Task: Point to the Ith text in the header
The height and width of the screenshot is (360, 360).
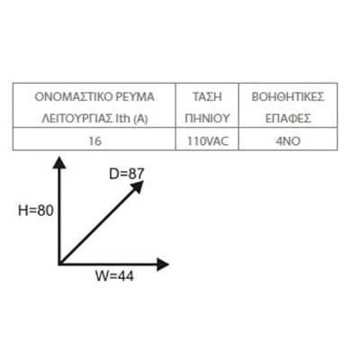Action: coord(122,119)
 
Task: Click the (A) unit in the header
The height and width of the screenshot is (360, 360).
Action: coord(140,119)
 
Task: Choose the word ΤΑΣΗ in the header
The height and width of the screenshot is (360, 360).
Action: coord(207,97)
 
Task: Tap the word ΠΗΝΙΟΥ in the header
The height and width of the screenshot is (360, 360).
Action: coord(207,119)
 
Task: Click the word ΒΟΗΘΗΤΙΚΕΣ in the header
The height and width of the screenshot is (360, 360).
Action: coord(288,97)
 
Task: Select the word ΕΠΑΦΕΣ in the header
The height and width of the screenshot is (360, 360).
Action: coord(288,119)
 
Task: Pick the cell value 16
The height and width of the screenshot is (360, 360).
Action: coord(95,140)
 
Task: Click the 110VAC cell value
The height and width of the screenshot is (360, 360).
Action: coord(208,140)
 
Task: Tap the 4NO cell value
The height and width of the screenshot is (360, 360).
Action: coord(288,140)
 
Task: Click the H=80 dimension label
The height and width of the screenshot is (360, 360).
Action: coord(36,211)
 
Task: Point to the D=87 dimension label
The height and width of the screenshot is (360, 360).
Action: coord(127,174)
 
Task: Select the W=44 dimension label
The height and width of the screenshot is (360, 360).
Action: coord(114,276)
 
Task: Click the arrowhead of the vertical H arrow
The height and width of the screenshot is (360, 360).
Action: coord(60,163)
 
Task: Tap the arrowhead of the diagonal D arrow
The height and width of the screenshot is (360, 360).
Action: coord(138,187)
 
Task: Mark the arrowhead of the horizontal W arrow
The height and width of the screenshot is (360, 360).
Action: coord(163,264)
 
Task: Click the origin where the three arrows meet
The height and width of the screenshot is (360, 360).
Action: coord(60,264)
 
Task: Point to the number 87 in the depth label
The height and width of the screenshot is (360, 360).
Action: coord(136,174)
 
